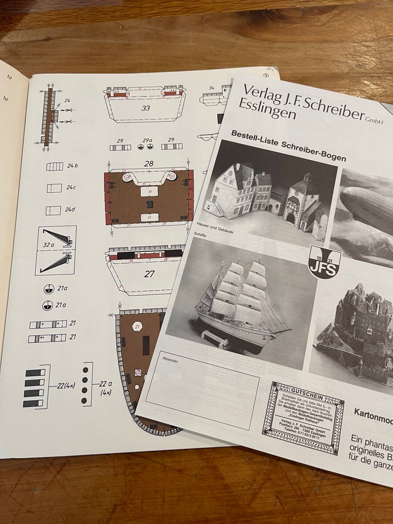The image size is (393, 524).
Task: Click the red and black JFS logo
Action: tap(324, 261)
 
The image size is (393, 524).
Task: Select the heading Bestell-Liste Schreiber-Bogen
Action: tap(288, 145)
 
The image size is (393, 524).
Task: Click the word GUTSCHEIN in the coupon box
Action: tap(302, 390)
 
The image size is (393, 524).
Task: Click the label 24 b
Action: tap(72, 166)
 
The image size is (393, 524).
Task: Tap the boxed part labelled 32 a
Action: tap(56, 250)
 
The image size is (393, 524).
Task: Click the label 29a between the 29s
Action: tap(147, 141)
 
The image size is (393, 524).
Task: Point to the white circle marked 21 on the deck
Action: tap(138, 326)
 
